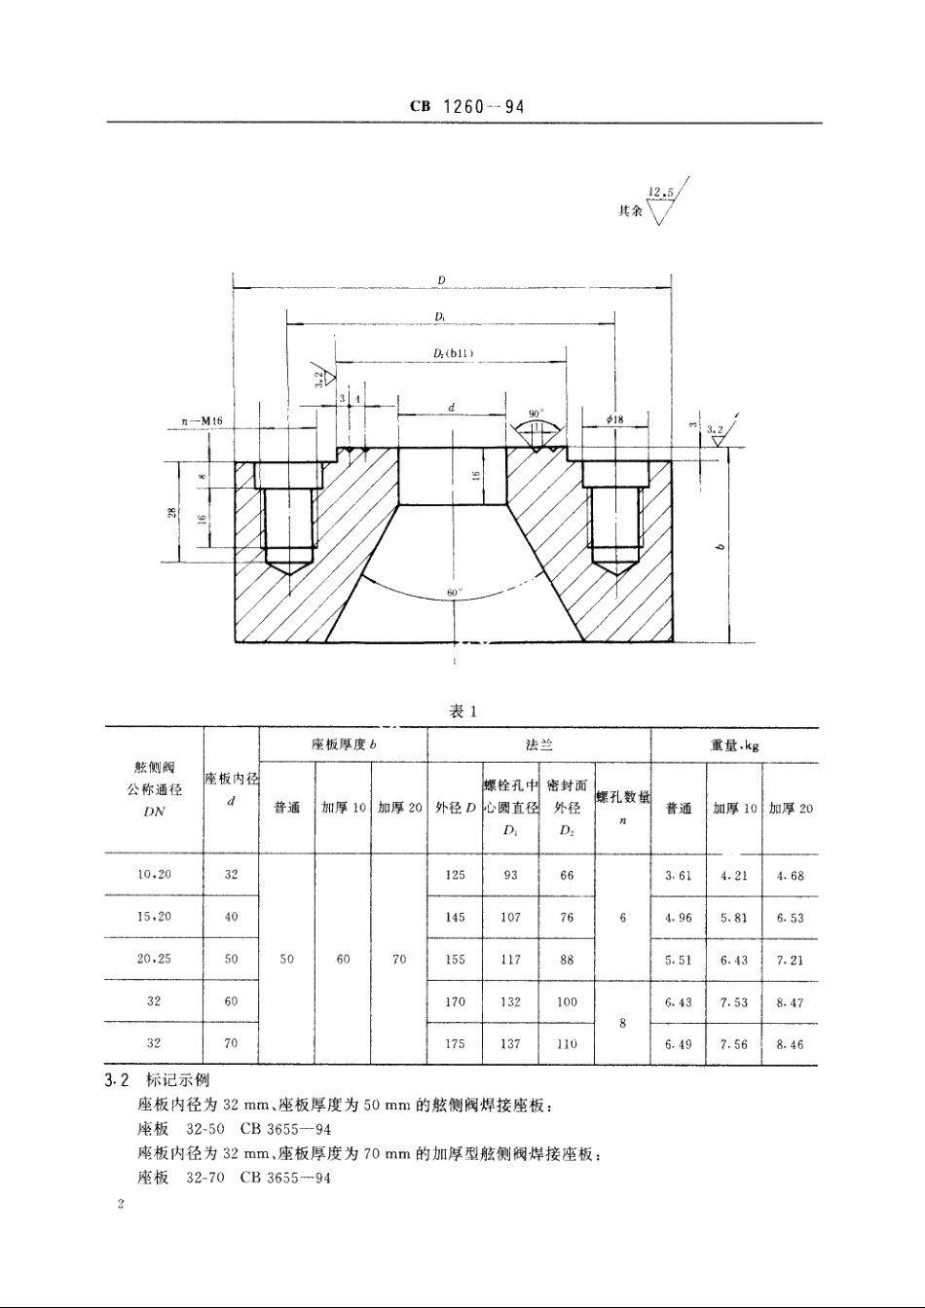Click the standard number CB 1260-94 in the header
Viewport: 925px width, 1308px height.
[x=467, y=106]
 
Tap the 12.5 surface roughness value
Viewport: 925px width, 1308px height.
[x=661, y=192]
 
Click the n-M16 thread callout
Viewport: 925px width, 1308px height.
[x=203, y=420]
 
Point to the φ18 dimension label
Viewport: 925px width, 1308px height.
[x=613, y=419]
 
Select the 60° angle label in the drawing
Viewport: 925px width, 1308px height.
[x=453, y=592]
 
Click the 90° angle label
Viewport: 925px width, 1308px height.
[x=536, y=414]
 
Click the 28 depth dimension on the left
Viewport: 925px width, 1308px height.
[x=171, y=513]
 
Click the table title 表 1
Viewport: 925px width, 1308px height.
[x=462, y=711]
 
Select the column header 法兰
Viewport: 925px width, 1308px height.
[x=538, y=745]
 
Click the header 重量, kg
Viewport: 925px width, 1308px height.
[x=734, y=745]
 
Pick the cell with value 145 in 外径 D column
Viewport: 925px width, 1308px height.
[x=455, y=917]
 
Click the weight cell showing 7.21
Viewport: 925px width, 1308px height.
[x=790, y=960]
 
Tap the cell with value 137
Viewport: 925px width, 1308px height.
[x=510, y=1044]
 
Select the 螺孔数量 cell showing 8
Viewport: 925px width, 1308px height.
[x=621, y=1023]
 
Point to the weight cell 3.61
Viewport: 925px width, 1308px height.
[x=678, y=875]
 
